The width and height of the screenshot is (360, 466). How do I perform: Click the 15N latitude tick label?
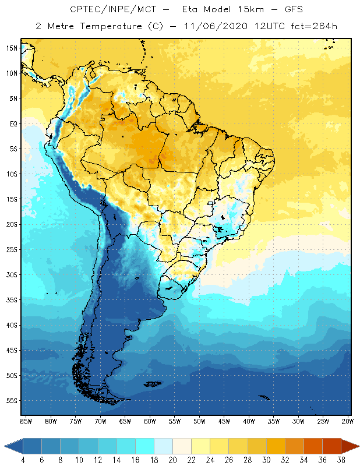[x=11, y=48]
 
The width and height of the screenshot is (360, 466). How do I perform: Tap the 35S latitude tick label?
[x=11, y=300]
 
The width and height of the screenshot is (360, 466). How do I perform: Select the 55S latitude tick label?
[x=11, y=401]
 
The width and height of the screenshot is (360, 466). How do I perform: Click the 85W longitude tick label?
[x=26, y=421]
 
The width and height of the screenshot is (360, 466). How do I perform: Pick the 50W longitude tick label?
[x=200, y=421]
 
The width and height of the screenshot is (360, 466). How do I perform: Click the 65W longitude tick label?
[x=125, y=421]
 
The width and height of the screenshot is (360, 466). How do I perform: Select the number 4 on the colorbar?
[x=23, y=460]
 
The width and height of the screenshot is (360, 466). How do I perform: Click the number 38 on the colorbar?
[x=340, y=460]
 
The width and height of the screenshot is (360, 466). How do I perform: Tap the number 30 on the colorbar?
[x=266, y=460]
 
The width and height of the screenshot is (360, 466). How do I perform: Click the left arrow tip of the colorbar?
[x=5, y=446]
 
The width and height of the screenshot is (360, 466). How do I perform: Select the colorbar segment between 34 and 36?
[x=312, y=446]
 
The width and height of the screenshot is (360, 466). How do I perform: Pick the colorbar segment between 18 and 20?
[x=163, y=446]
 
